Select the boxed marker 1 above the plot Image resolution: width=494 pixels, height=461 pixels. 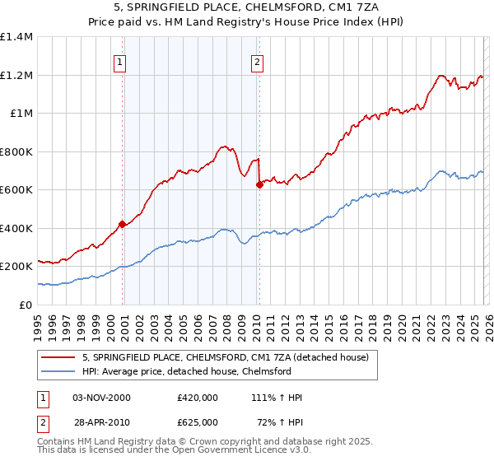tap(120, 61)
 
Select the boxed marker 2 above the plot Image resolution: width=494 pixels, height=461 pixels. tap(258, 61)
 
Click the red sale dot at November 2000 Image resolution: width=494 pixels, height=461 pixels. tap(123, 224)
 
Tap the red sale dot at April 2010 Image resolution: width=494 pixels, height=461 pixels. tap(259, 185)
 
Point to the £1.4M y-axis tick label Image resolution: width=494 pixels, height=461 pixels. tap(16, 37)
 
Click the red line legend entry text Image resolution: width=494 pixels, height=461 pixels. tap(230, 357)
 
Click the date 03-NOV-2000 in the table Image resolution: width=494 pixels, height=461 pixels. tap(102, 398)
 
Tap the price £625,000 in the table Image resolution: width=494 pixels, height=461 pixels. tap(198, 421)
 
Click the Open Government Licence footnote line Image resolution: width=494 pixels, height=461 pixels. tap(147, 452)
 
